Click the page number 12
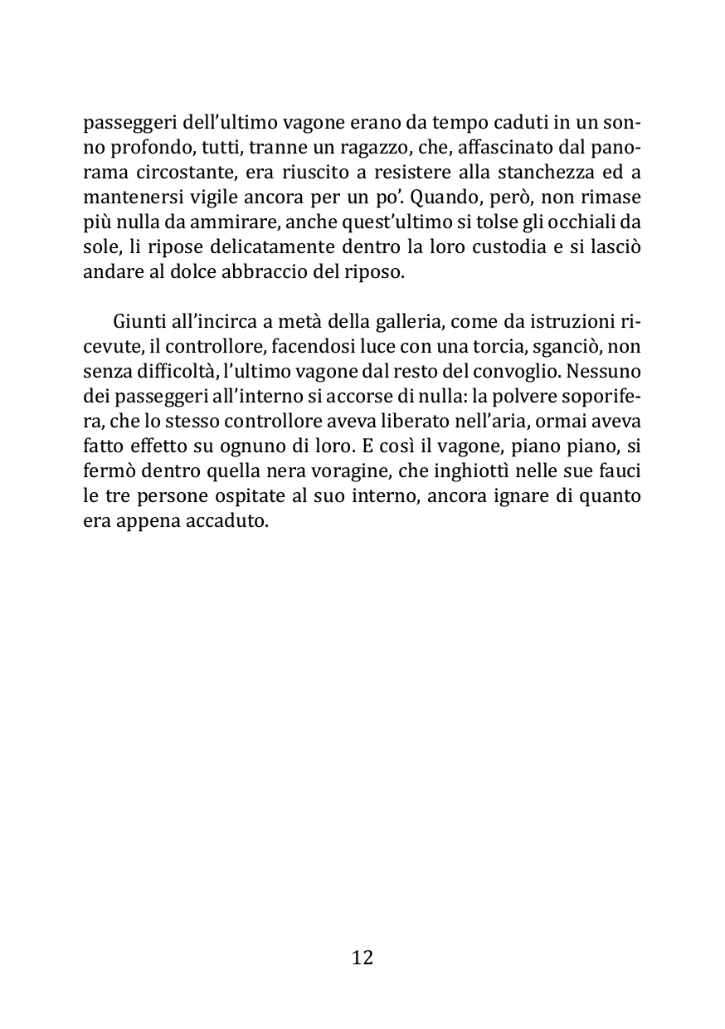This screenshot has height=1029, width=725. coord(362,958)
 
